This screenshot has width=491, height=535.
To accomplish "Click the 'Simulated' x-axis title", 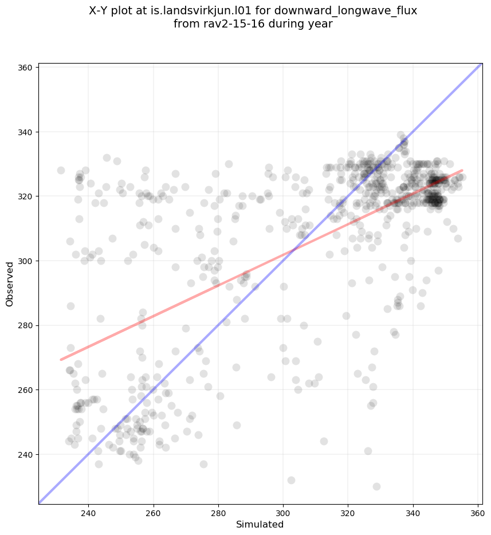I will coord(260,524).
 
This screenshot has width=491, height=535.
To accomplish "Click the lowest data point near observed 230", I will coord(376,486).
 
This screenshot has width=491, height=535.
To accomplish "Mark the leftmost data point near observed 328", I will coord(61,170).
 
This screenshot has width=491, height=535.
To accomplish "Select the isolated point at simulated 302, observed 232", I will coord(291,480).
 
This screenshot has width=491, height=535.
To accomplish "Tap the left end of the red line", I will coord(61,360).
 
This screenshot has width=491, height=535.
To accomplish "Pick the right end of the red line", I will coord(462,170).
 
